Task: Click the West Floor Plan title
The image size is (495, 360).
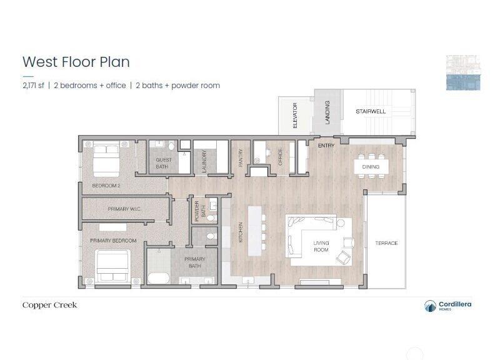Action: (76, 62)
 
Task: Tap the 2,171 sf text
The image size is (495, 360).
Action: (33, 86)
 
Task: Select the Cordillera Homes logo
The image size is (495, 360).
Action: (447, 306)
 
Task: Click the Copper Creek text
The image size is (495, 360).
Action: (49, 305)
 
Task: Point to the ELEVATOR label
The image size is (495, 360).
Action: (295, 115)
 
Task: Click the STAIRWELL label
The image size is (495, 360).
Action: (371, 111)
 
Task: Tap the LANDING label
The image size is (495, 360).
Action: (327, 112)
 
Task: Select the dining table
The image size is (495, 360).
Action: (371, 167)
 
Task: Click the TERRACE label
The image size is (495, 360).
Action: (386, 243)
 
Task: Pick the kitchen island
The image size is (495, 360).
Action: (255, 231)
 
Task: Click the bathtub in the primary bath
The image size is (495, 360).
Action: (159, 278)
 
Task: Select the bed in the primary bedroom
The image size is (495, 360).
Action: (113, 266)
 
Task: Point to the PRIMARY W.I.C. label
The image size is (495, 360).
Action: (124, 209)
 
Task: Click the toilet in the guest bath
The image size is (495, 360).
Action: (171, 146)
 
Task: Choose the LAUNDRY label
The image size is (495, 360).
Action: (204, 161)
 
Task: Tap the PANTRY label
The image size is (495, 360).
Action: (241, 158)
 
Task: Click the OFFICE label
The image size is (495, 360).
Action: (280, 157)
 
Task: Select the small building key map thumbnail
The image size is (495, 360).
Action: (463, 72)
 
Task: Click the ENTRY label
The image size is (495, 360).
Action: (326, 146)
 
